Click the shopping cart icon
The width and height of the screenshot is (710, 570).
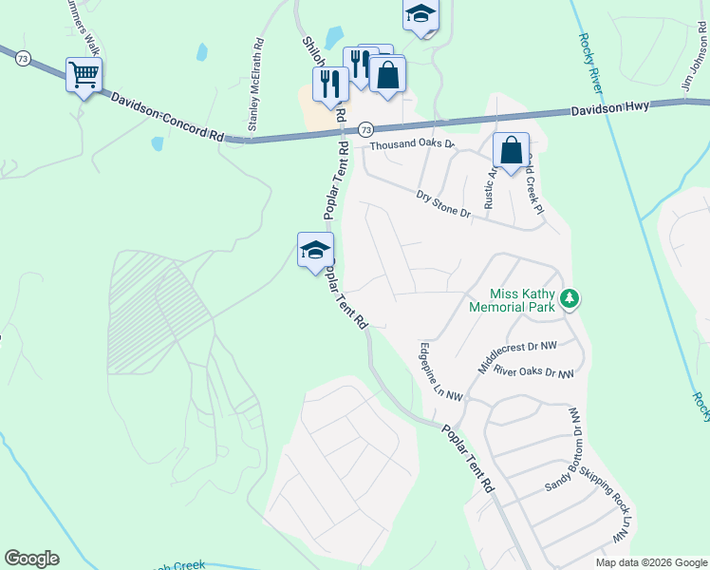coord(84,73)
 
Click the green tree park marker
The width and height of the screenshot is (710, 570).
coord(570,299)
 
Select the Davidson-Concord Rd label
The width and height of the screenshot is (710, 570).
coord(166,117)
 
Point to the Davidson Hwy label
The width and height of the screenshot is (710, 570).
coord(609,108)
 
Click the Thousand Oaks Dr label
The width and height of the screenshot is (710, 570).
coord(413,145)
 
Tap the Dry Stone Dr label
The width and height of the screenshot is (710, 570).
coord(443,204)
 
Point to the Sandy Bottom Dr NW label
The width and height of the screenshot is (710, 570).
coord(564,450)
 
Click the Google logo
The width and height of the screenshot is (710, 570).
coord(31,559)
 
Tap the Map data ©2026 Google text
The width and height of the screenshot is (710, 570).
coord(650,562)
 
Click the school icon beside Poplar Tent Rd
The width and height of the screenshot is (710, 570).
coord(315,250)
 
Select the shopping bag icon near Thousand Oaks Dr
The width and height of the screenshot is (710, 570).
coord(511,150)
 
